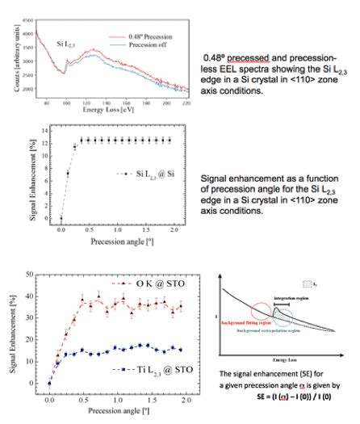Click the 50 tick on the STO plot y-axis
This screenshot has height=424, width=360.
pos(34,275)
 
